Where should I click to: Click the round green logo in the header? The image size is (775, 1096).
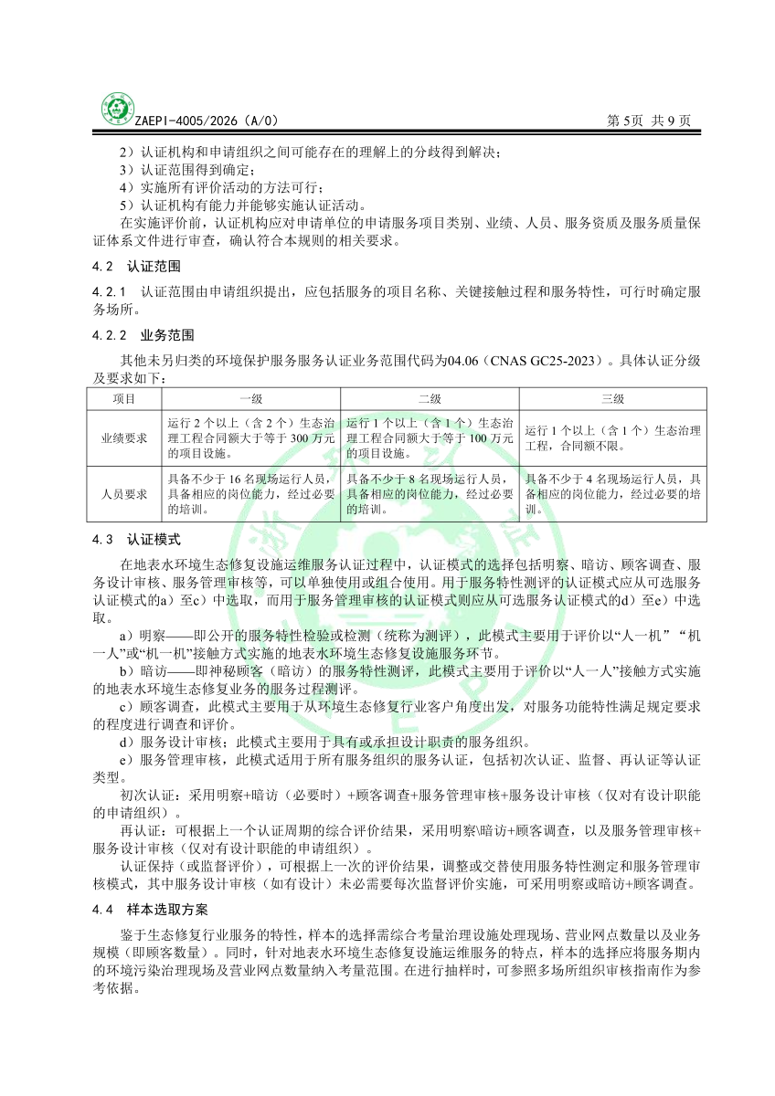tap(116, 109)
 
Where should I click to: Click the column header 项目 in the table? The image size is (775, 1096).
tap(124, 399)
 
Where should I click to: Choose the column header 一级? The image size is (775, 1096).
tap(250, 399)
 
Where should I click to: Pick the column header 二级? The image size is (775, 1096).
tap(430, 399)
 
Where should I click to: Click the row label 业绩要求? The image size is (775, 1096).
tap(124, 437)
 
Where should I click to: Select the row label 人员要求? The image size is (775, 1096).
tap(124, 494)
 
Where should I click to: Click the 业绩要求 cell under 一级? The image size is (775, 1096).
tap(250, 437)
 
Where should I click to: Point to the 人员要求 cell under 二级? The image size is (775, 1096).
tap(430, 494)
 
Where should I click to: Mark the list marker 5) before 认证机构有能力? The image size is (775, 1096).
tap(127, 204)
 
